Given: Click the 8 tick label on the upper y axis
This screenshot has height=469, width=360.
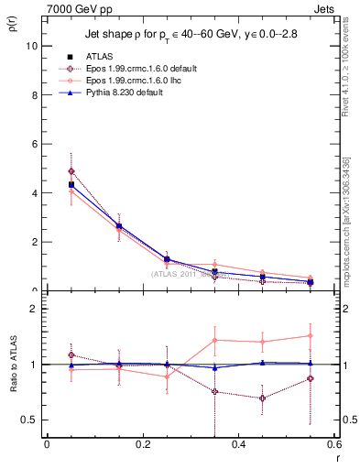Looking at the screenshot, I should [x=33, y=94].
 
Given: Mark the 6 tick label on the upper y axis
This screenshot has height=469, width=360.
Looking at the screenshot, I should [x=33, y=144].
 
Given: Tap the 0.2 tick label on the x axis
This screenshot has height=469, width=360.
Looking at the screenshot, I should [x=142, y=444].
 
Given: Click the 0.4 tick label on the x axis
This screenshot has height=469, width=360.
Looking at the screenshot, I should [x=238, y=444].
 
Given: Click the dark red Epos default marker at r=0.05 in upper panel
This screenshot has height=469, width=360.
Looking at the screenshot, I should [x=71, y=171].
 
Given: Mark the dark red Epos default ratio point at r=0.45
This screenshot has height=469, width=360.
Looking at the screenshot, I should [x=263, y=398].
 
